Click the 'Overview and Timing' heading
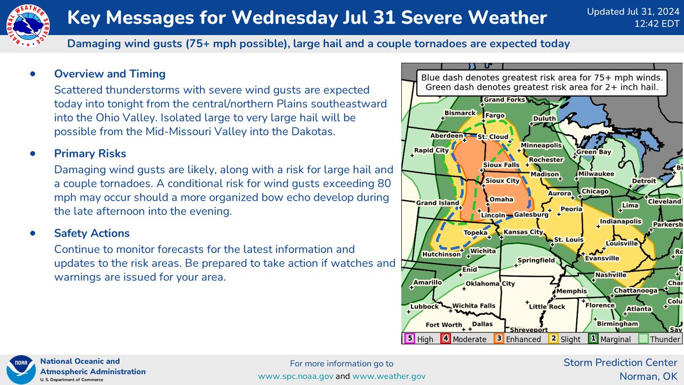click(109, 74)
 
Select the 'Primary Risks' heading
click(90, 153)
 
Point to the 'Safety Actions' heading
click(92, 233)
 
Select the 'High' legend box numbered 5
click(409, 339)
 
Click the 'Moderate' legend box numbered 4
click(445, 339)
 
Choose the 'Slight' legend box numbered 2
click(552, 339)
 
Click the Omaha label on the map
click(502, 199)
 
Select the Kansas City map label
click(523, 233)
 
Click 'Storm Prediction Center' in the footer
click(620, 362)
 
